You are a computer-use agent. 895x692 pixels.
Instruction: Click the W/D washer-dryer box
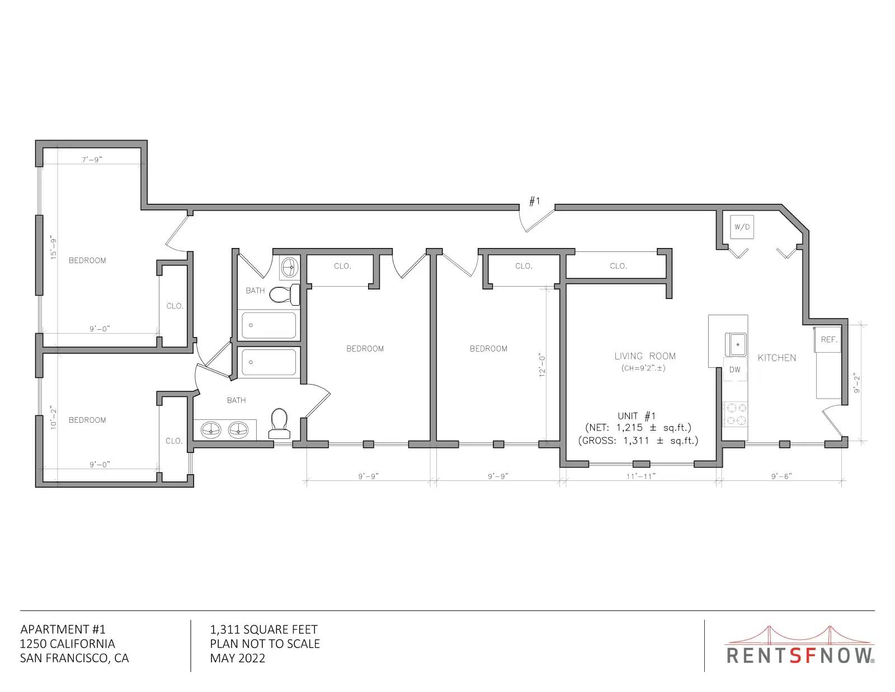click(742, 227)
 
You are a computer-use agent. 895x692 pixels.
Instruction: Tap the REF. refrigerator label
click(829, 340)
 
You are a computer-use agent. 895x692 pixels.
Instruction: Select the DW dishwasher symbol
click(735, 370)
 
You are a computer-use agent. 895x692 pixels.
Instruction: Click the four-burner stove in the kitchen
click(736, 414)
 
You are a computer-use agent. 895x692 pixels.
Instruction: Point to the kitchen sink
click(736, 344)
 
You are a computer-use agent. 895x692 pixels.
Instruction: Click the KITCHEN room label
click(777, 358)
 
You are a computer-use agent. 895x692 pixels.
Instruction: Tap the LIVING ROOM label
click(645, 356)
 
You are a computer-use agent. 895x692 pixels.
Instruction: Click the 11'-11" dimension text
click(641, 476)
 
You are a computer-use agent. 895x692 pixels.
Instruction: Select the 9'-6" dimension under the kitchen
click(781, 476)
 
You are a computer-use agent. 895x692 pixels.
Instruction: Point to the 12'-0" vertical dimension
click(542, 364)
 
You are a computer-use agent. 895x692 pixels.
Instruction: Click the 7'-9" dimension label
click(92, 160)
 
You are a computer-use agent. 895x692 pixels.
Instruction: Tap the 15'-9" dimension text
click(54, 247)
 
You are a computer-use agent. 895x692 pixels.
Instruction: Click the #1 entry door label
click(534, 201)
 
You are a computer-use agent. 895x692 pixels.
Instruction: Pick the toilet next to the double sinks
click(279, 423)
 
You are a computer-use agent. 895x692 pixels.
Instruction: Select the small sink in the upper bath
click(290, 268)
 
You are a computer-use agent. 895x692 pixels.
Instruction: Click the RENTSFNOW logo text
click(800, 656)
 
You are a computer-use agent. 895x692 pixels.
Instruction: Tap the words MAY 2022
click(238, 658)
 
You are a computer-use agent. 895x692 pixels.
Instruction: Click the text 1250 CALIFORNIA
click(68, 644)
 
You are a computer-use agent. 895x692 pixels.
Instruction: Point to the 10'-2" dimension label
click(54, 418)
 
